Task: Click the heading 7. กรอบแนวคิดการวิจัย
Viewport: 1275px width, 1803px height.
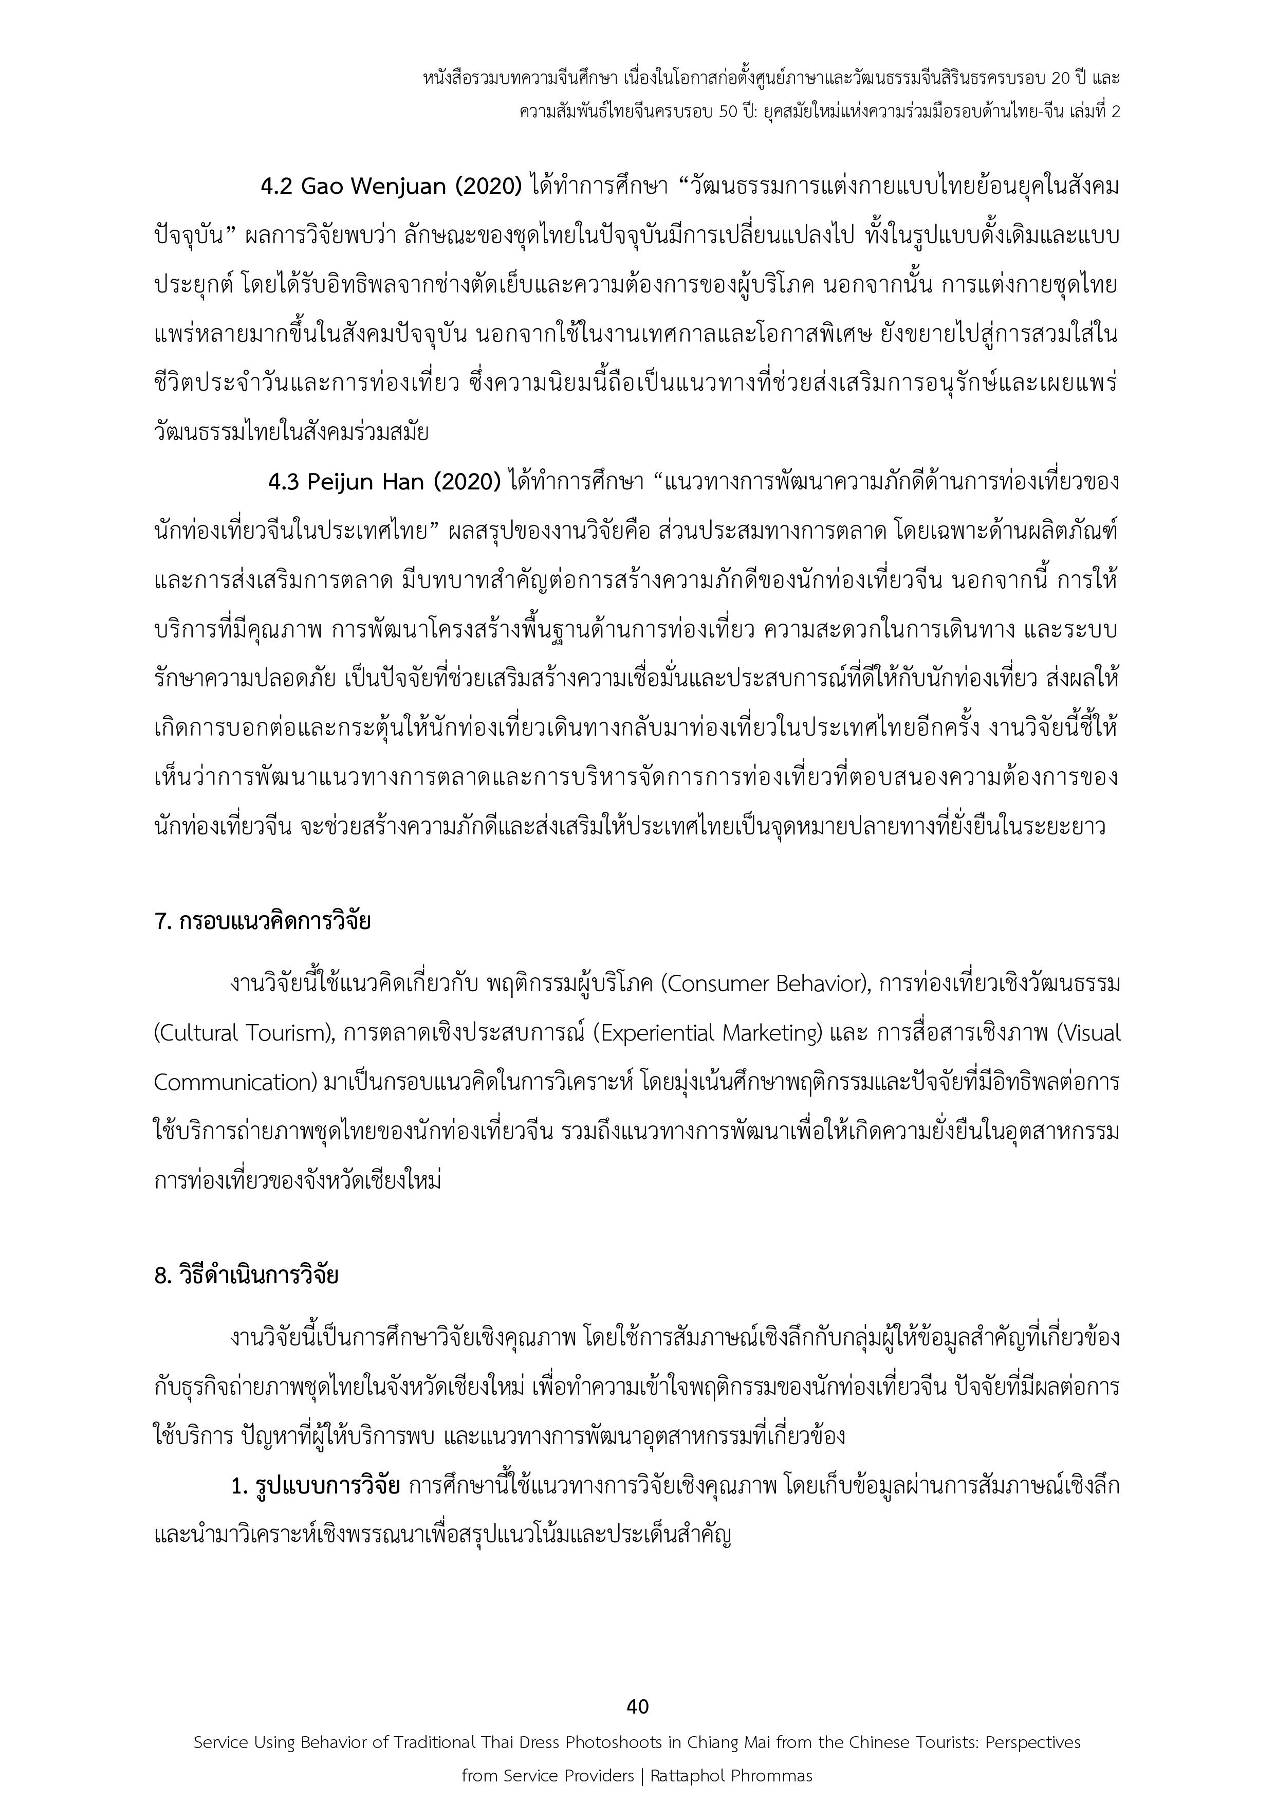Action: [262, 920]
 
